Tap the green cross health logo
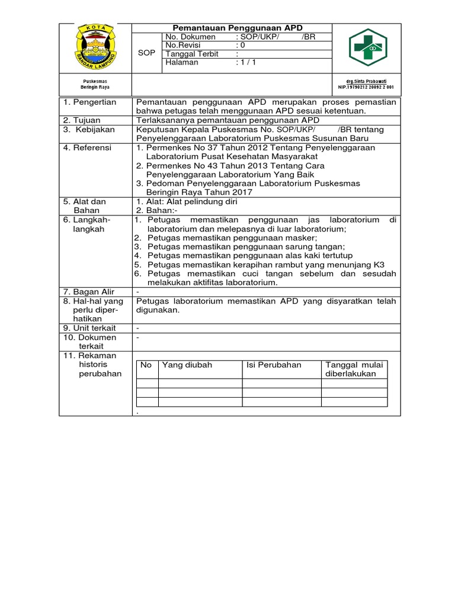[367, 48]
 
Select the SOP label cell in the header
[146, 53]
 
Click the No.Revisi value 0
[242, 45]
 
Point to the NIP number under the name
[366, 87]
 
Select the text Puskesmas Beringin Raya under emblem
[95, 84]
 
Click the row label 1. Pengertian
[90, 102]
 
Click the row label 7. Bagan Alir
[89, 292]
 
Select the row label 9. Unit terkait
[90, 328]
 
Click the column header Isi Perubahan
[274, 365]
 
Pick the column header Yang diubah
[187, 365]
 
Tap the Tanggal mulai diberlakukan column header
[354, 369]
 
